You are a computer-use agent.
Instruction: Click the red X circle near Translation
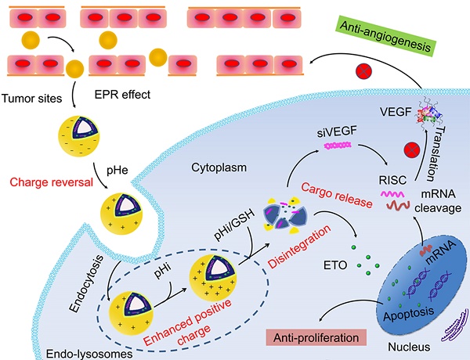[x=407, y=149]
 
